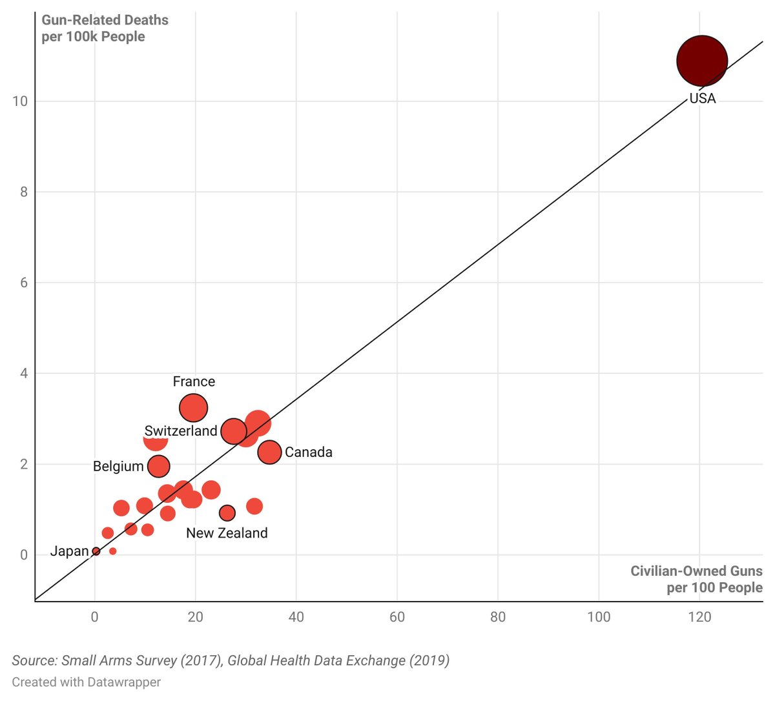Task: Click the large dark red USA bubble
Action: point(702,61)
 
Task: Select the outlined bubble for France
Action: point(193,408)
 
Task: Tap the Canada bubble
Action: point(269,452)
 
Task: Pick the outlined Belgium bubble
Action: point(159,466)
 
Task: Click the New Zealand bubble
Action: point(227,513)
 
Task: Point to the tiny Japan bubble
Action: point(96,551)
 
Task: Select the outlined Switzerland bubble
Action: point(233,431)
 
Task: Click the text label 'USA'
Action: point(703,99)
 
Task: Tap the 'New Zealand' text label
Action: point(227,533)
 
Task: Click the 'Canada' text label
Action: point(309,452)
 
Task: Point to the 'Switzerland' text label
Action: point(181,431)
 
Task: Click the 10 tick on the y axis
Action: point(20,101)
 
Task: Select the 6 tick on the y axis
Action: point(23,283)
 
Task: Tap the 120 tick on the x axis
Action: point(699,617)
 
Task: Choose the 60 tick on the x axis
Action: point(397,617)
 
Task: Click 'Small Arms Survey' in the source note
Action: point(119,660)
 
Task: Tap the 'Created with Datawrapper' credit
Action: point(86,682)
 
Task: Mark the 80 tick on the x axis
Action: point(498,617)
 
